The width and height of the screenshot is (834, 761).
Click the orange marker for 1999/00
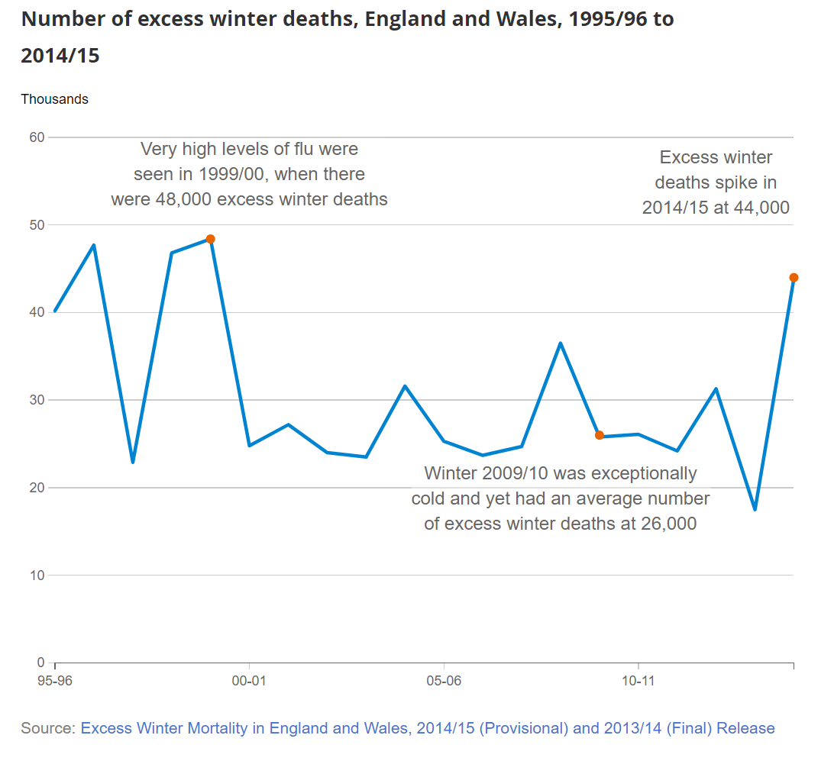pos(211,239)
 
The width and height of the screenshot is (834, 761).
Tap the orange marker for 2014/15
pos(794,278)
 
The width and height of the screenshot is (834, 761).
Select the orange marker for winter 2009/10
pos(600,435)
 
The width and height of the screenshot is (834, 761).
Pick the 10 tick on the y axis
pos(37,575)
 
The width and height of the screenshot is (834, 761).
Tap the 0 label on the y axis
pos(40,663)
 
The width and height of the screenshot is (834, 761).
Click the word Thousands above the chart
pos(54,99)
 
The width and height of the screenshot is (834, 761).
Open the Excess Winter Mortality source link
pos(428,728)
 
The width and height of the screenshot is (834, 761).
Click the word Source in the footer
pos(48,728)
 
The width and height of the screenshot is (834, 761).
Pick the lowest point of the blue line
pos(755,509)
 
